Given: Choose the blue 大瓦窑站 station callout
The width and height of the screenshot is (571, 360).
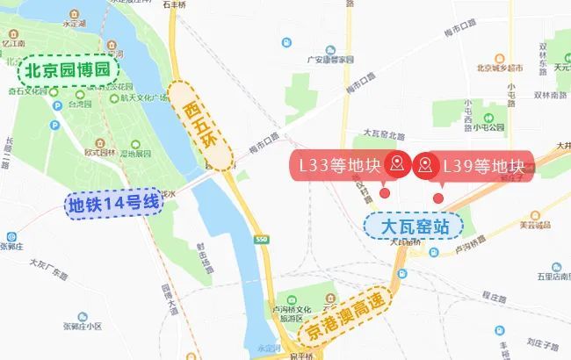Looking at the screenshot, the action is click(x=413, y=226).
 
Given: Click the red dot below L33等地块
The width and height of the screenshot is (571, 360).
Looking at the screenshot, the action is click(x=385, y=193).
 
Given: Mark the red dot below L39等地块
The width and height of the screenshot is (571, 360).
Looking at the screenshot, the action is click(x=438, y=198).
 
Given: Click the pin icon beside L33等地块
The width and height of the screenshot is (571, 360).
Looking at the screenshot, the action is click(x=398, y=164).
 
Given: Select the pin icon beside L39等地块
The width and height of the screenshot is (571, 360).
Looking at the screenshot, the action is click(x=427, y=164).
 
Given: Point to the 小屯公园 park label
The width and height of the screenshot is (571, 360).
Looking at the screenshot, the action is click(x=489, y=127).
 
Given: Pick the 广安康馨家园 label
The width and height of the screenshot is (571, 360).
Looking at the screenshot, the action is click(x=329, y=59).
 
